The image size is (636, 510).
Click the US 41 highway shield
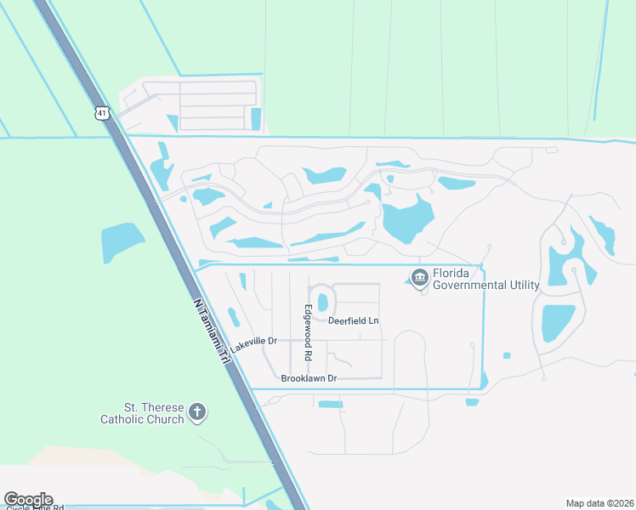102,112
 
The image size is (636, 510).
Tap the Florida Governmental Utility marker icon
419,278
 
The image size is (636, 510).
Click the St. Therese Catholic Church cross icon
197,413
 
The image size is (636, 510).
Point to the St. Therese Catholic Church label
142,413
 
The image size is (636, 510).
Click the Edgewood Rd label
309,332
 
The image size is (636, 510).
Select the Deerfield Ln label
354,320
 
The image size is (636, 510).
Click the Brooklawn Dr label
309,377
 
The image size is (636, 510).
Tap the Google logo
28,500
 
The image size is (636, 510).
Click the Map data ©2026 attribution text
599,503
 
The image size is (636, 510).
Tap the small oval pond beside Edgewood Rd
323,302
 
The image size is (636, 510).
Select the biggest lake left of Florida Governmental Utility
407,219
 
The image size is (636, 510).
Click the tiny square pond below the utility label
507,355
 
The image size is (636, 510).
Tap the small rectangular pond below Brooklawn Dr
330,404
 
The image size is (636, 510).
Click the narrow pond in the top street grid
256,119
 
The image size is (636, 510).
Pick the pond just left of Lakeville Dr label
233,317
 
